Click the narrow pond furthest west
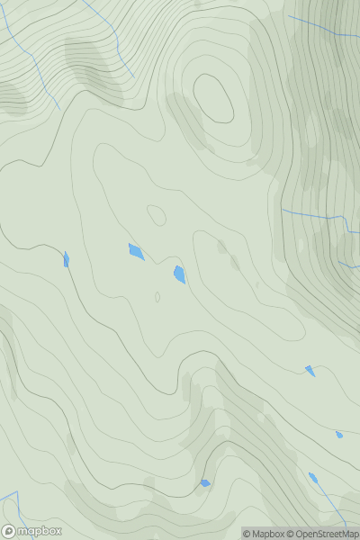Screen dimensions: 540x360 coord(66,259)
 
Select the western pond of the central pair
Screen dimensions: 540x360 coord(136,251)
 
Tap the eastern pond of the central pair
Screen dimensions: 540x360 coord(180,274)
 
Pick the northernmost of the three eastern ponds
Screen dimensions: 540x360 coord(310,370)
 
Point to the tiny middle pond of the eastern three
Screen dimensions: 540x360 coord(339,435)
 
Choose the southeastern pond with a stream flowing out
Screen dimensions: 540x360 coord(313,478)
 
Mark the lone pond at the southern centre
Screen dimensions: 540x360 coord(205,483)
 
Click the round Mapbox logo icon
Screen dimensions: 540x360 coord(9,531)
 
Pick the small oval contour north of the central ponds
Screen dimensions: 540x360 coord(157,215)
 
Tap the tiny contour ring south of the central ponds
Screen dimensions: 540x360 coord(157,296)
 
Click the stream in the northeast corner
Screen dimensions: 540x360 coord(324,24)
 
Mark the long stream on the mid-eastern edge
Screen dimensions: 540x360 coord(315,215)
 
